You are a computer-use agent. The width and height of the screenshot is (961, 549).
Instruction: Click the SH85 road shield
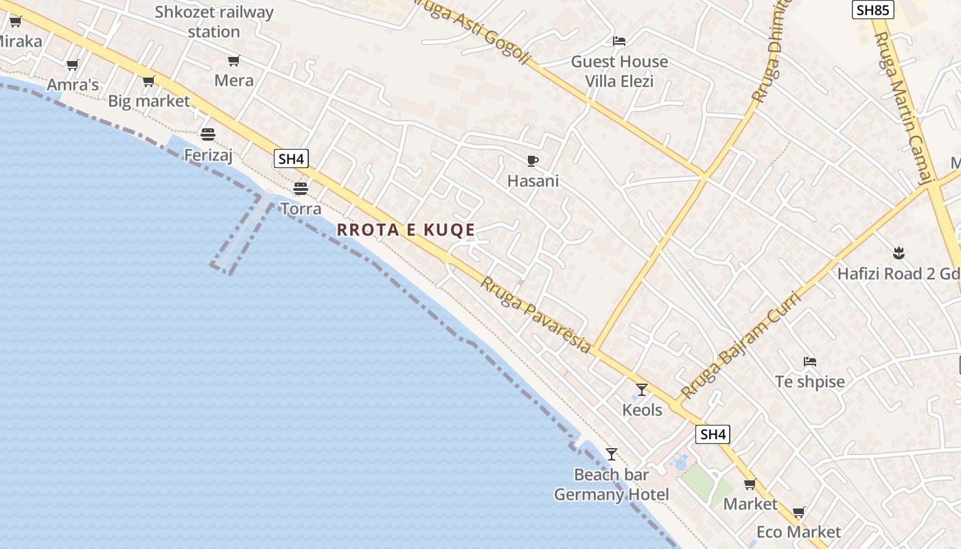[873, 10]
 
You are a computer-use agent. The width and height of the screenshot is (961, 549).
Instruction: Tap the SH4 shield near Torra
[291, 159]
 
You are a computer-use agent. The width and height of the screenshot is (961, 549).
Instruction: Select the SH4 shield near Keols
[713, 434]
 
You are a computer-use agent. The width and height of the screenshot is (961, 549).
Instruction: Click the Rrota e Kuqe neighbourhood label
[406, 230]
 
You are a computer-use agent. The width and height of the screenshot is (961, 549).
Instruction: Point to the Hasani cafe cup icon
[532, 161]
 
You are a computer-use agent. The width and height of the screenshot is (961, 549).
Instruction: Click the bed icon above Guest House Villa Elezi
[619, 41]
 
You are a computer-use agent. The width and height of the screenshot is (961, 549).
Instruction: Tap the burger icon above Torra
[301, 188]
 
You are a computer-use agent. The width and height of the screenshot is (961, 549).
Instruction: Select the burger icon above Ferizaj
[208, 134]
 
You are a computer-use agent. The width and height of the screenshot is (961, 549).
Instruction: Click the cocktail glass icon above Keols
[642, 390]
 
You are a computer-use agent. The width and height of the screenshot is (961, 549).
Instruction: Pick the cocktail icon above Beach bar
[612, 454]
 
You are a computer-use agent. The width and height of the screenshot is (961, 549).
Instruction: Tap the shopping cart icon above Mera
[234, 61]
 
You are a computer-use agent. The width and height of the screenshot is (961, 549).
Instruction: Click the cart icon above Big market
[148, 82]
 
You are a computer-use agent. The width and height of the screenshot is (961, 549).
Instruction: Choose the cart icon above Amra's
[72, 65]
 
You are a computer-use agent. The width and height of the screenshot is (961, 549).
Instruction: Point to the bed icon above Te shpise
[810, 361]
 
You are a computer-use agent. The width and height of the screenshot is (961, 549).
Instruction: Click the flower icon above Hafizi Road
[898, 253]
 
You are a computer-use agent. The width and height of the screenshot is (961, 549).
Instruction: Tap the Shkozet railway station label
[214, 22]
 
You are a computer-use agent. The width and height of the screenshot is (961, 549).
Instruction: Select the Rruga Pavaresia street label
[535, 315]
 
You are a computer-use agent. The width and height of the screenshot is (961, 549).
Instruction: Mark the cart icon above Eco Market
[798, 513]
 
